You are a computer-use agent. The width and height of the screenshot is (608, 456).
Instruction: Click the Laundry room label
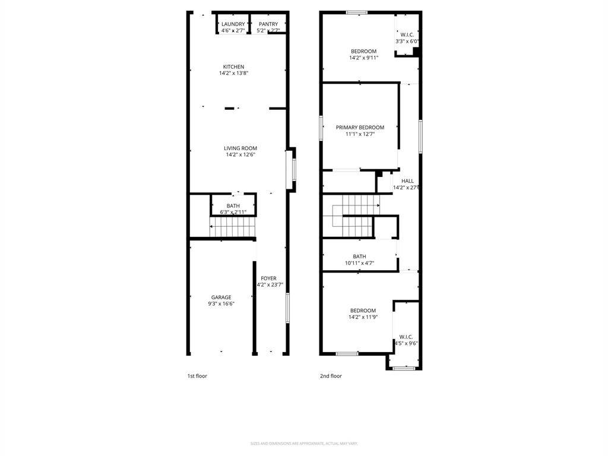(233, 24)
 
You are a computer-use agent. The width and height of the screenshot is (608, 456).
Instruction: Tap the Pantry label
(268, 24)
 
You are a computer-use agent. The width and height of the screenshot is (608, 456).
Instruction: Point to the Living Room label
(240, 148)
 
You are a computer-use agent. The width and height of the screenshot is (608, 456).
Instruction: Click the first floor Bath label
(233, 206)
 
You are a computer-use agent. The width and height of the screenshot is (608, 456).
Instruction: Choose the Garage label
(221, 297)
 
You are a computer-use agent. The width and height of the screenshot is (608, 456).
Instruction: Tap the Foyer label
(268, 278)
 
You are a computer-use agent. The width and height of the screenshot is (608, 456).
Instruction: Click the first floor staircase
(233, 227)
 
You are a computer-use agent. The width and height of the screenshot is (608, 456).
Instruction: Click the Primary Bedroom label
(360, 127)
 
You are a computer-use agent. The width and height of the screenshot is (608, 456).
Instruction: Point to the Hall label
(407, 181)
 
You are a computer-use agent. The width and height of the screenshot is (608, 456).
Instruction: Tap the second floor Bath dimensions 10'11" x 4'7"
(359, 263)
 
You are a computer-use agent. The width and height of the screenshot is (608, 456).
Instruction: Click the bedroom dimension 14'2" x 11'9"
(363, 317)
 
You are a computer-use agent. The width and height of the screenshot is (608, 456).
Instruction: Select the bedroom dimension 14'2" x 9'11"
(363, 58)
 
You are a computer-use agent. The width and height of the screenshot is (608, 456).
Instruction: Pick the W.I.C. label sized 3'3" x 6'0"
(407, 34)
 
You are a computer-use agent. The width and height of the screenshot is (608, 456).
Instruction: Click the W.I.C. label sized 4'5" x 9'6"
(406, 337)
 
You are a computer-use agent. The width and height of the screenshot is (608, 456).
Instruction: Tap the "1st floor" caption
(197, 376)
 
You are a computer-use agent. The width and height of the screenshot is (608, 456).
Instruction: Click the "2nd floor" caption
(331, 376)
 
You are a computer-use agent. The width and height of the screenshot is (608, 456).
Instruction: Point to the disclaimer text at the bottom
(304, 444)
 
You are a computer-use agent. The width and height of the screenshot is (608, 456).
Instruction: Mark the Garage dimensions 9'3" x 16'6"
(221, 304)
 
